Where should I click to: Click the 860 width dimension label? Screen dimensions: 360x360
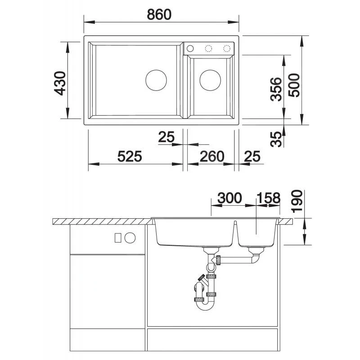tap(159, 14)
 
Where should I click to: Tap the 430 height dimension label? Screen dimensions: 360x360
tap(60, 83)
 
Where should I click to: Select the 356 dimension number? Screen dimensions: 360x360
tap(276, 89)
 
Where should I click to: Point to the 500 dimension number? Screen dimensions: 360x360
tap(294, 85)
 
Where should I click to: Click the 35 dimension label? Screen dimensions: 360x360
tap(276, 139)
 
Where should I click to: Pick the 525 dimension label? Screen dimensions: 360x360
tap(130, 156)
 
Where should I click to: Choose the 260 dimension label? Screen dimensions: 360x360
tap(212, 156)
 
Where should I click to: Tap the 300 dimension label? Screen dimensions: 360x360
tap(229, 198)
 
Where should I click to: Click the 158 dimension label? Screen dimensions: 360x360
tap(269, 198)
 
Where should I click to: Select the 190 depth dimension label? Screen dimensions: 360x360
tap(297, 201)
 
